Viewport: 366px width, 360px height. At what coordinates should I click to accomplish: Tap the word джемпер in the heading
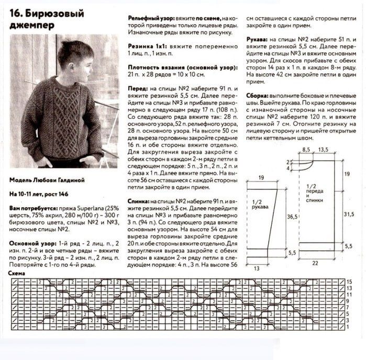[31, 25]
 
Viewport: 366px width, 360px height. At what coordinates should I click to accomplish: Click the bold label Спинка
[141, 201]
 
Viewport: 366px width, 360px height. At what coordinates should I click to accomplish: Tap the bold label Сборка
[259, 97]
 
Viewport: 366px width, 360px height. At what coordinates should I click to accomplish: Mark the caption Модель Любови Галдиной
[47, 179]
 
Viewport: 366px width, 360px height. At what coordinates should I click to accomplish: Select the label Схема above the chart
[19, 274]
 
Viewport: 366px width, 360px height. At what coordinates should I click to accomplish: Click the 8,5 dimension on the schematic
[306, 150]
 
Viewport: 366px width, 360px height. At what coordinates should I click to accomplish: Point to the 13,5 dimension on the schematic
[323, 150]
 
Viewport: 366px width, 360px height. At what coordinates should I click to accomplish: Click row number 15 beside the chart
[349, 282]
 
